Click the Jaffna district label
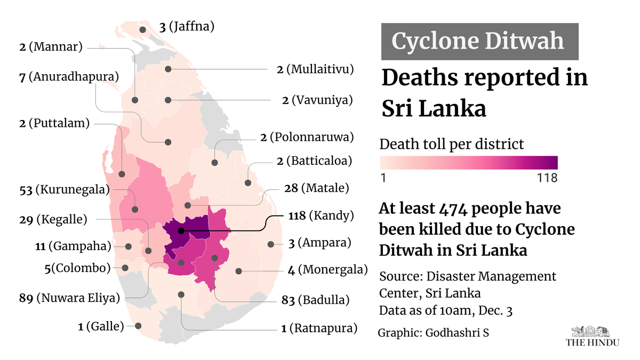tap(187, 26)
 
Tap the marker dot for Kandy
tap(181, 231)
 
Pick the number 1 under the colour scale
tap(383, 178)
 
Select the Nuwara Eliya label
tap(68, 298)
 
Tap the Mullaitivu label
tap(315, 69)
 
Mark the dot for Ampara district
tap(271, 244)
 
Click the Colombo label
tap(78, 268)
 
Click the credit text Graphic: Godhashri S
tap(433, 333)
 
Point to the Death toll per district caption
tap(452, 144)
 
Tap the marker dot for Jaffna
tap(143, 30)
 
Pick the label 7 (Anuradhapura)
tap(68, 77)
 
